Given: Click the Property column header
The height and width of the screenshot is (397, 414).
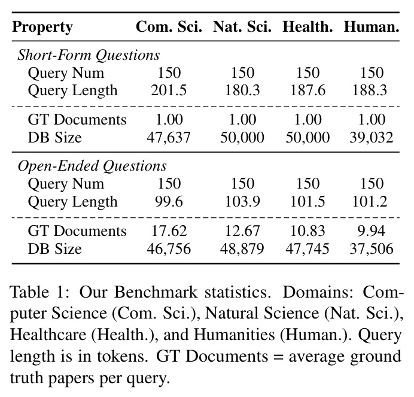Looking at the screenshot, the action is [x=42, y=27].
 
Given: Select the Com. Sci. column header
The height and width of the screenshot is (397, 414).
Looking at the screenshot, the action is [x=169, y=27].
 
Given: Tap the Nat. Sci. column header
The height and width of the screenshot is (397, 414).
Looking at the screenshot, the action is [x=242, y=27].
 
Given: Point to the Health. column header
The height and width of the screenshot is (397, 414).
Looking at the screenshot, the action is [x=308, y=27].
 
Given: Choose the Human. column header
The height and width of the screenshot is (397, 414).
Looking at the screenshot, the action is [x=372, y=27].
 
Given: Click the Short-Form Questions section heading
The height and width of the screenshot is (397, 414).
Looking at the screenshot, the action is [x=89, y=55].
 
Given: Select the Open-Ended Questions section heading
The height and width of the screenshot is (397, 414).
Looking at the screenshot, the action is [x=92, y=166].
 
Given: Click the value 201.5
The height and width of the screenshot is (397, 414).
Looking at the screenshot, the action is [x=169, y=90].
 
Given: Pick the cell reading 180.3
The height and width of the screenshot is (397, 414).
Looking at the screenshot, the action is [x=242, y=90].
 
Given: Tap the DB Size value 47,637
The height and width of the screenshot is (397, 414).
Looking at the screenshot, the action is [x=169, y=138].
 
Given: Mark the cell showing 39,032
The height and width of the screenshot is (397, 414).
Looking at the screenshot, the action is [x=372, y=138].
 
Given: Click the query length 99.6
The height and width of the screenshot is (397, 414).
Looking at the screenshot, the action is [x=169, y=202].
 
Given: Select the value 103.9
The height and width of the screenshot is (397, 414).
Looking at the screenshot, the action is [x=242, y=202].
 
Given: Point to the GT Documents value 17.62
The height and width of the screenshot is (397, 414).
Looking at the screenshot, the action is [x=169, y=231].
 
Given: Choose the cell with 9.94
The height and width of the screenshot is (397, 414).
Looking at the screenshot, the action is [x=372, y=231].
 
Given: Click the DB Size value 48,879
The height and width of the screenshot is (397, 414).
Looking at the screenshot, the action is [x=242, y=248].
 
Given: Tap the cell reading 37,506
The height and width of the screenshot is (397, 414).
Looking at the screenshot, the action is [x=372, y=248].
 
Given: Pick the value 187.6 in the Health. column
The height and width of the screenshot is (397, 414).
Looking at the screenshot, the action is [x=308, y=90].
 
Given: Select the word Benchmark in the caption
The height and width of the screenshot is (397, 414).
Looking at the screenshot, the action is [x=156, y=293].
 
